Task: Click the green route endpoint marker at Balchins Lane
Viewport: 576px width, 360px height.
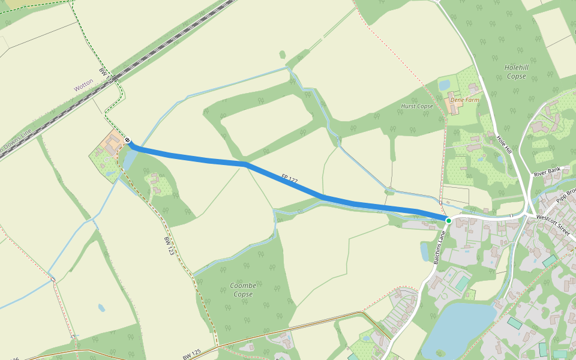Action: pos(448,221)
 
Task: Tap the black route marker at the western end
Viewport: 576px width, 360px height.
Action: pos(128,140)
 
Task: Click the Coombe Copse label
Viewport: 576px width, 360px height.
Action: pos(243,290)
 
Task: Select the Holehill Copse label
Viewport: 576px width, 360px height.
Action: pos(515,72)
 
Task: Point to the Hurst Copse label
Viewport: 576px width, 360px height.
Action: pos(416,106)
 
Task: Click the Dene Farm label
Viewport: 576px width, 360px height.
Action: pos(465,100)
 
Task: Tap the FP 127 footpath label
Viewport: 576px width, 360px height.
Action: pos(290,178)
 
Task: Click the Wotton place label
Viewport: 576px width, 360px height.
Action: pos(84,85)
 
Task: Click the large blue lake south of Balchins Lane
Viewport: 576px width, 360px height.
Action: pos(456,330)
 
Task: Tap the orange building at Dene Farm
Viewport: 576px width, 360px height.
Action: pos(454,106)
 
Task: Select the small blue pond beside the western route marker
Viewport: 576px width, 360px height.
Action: pos(128,158)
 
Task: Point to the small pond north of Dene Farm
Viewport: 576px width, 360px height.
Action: pos(444,85)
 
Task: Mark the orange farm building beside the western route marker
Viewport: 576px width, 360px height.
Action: pos(112,142)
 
